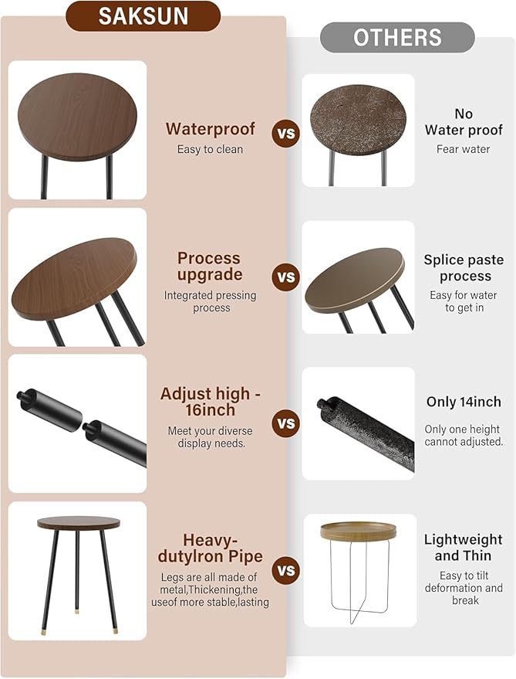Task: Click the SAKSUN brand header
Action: point(143,16)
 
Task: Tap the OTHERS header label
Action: point(397,38)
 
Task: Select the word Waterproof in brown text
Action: point(211,128)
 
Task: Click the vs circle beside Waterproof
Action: point(286,133)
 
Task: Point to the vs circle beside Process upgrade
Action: point(286,277)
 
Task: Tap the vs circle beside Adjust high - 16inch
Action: point(286,423)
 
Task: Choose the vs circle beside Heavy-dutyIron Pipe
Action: point(286,570)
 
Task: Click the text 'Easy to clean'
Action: point(211,149)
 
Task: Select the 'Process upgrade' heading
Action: point(209,267)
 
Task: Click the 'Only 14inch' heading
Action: point(464,402)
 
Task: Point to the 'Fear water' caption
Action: point(464,149)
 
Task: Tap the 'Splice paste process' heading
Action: point(464,267)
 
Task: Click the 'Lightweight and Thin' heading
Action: point(464,548)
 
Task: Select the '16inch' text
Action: point(211,409)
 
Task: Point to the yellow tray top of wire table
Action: point(358,531)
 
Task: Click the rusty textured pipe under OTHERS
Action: point(366,434)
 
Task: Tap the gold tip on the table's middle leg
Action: point(77,612)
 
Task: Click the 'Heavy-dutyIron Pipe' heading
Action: point(211,548)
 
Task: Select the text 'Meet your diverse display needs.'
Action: point(211,437)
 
